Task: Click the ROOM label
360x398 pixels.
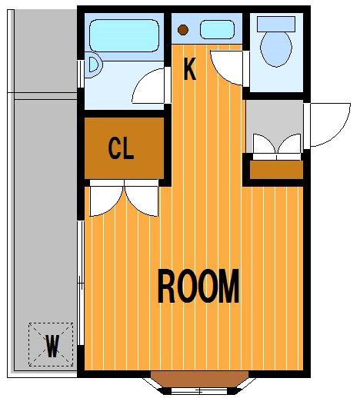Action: click(198, 286)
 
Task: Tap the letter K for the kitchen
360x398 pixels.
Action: click(190, 69)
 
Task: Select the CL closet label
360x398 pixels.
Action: click(121, 148)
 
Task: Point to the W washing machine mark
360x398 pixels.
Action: click(52, 346)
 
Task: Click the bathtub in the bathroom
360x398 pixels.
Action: click(125, 35)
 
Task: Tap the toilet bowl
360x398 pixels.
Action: click(276, 48)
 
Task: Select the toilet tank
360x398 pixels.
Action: click(276, 24)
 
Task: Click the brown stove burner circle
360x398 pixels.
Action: click(183, 30)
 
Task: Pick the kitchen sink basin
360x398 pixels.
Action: click(218, 30)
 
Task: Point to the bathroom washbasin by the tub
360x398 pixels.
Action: click(94, 65)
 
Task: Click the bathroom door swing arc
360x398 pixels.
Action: click(148, 86)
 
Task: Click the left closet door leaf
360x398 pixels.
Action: click(106, 201)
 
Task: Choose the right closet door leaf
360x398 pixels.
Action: click(142, 201)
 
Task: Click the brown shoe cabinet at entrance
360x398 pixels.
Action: click(277, 170)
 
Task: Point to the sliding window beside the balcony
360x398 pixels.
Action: click(81, 283)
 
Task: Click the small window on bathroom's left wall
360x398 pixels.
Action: click(81, 74)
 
